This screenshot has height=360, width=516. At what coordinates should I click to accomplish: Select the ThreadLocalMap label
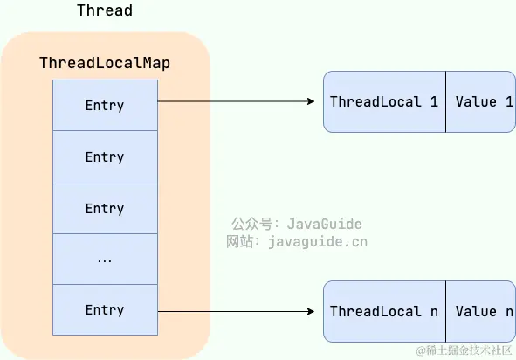click(x=104, y=63)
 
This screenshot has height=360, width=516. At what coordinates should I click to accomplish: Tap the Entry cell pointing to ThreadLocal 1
click(x=105, y=106)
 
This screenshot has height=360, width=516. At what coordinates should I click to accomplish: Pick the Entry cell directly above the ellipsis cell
click(x=105, y=209)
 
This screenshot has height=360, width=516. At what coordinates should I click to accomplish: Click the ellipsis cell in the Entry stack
click(x=105, y=260)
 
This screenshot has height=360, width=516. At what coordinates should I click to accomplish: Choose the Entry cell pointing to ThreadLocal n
click(x=105, y=310)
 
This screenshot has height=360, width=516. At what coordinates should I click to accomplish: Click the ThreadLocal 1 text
click(x=383, y=102)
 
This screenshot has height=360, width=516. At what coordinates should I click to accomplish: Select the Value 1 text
click(x=483, y=102)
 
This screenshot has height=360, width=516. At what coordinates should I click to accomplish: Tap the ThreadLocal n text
click(x=383, y=311)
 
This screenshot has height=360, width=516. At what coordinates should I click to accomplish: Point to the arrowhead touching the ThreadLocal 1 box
click(x=310, y=102)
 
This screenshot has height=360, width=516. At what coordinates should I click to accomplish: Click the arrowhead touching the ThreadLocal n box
click(x=310, y=311)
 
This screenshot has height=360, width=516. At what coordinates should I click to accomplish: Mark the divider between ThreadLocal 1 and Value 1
click(x=446, y=102)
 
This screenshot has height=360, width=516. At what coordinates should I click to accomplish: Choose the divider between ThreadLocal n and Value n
click(x=446, y=311)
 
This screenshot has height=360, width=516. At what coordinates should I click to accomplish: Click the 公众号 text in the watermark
click(x=251, y=225)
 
